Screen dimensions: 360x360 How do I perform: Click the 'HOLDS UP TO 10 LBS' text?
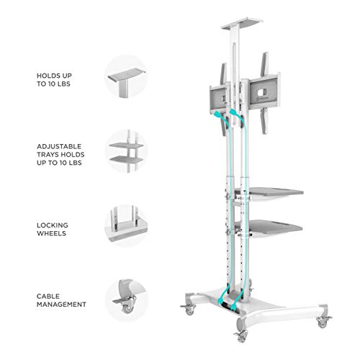pos(54,80)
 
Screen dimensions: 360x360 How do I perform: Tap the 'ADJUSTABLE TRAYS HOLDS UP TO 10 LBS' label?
pos(60,155)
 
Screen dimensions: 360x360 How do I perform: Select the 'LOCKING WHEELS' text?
pos(53,229)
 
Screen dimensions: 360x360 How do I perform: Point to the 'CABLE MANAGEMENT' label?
pos(61,300)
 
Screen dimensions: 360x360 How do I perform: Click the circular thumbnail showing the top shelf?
pos(126,77)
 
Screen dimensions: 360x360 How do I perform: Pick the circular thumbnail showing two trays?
pos(127,151)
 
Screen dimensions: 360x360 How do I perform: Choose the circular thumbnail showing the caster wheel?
pos(127,300)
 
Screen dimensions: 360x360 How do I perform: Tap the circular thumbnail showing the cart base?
pos(127,225)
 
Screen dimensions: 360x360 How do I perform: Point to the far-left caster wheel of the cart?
pos(189,309)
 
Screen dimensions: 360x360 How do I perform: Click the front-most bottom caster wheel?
pos(241,336)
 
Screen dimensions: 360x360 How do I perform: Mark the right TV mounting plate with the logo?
pos(264,93)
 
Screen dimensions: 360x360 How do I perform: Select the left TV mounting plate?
pos(219,99)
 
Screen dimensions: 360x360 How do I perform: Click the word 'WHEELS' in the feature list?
pos(51,233)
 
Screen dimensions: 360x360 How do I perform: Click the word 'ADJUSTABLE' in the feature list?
pos(59,146)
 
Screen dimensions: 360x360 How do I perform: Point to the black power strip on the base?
pos(230,308)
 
